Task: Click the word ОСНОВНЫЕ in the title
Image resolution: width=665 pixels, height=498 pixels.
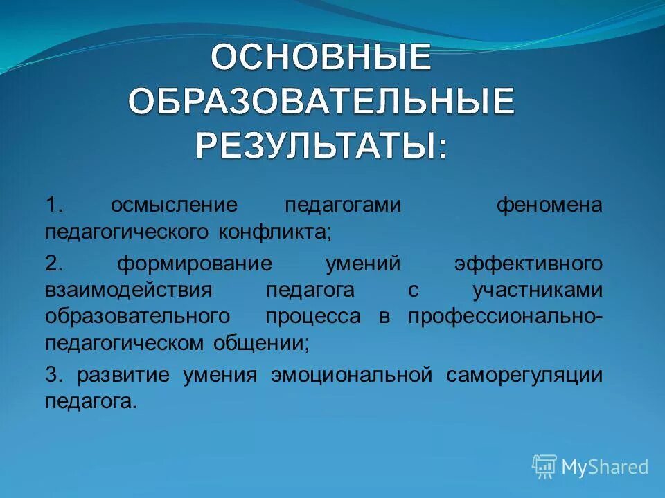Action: pyautogui.click(x=321, y=57)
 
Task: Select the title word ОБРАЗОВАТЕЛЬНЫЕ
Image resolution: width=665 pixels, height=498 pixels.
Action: pyautogui.click(x=321, y=102)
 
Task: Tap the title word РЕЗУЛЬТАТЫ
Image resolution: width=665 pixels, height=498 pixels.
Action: pyautogui.click(x=321, y=145)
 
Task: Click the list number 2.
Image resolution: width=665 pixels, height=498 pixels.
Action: pyautogui.click(x=54, y=264)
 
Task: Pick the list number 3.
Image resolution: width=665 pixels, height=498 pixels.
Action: pyautogui.click(x=54, y=376)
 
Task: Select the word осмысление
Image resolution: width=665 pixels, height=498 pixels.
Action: pyautogui.click(x=174, y=205)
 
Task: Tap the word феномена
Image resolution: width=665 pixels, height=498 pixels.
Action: pyautogui.click(x=549, y=205)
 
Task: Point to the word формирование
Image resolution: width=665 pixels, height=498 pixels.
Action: pyautogui.click(x=194, y=264)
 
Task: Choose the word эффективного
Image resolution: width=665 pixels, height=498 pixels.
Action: pyautogui.click(x=528, y=264)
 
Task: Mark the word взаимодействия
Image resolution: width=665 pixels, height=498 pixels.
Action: pyautogui.click(x=128, y=290)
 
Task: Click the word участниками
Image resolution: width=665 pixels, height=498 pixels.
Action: pyautogui.click(x=537, y=290)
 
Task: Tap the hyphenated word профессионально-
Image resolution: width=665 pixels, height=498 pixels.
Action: pyautogui.click(x=505, y=317)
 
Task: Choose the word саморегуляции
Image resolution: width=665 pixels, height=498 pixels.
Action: pyautogui.click(x=524, y=376)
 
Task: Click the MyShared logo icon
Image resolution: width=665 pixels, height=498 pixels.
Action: pyautogui.click(x=544, y=467)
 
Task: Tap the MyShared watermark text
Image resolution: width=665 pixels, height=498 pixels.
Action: pyautogui.click(x=605, y=468)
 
